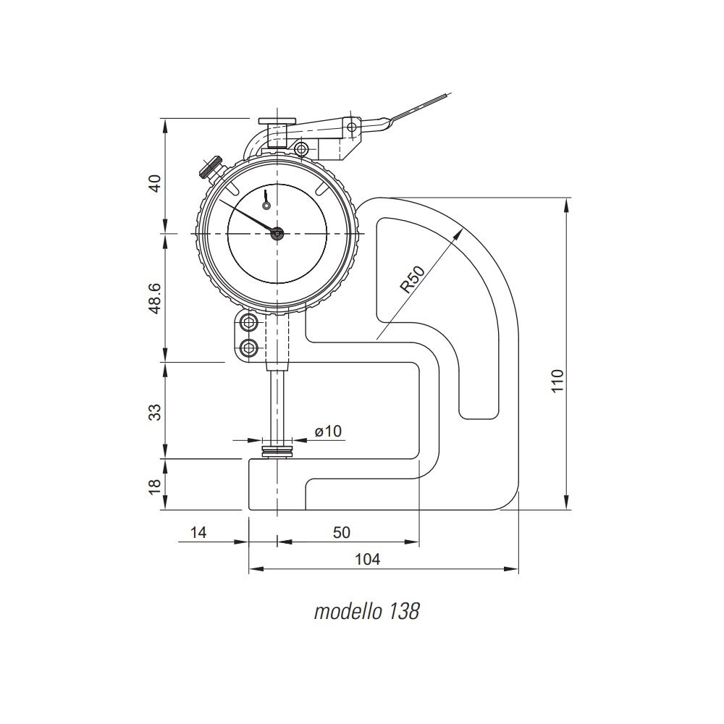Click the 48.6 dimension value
155,299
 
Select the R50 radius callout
413,279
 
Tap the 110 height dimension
557,381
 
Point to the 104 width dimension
367,559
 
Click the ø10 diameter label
328,431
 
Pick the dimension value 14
198,532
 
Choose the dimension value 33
156,412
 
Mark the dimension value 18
156,485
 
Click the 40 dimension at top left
156,183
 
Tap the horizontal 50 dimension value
342,532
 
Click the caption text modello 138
366,611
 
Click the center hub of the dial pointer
277,234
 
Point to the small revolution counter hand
266,200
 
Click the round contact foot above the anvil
277,452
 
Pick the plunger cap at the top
277,121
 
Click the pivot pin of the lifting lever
353,126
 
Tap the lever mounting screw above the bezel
301,149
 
